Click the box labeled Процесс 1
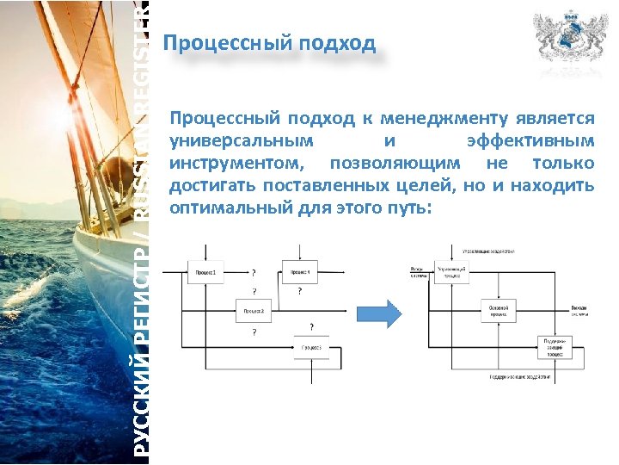click(205, 273)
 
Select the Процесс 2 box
click(253, 311)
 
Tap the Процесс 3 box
click(310, 347)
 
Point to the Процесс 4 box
click(300, 273)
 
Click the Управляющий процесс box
click(452, 272)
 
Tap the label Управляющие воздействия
click(487, 251)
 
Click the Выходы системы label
click(580, 311)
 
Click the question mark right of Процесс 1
click(253, 273)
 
